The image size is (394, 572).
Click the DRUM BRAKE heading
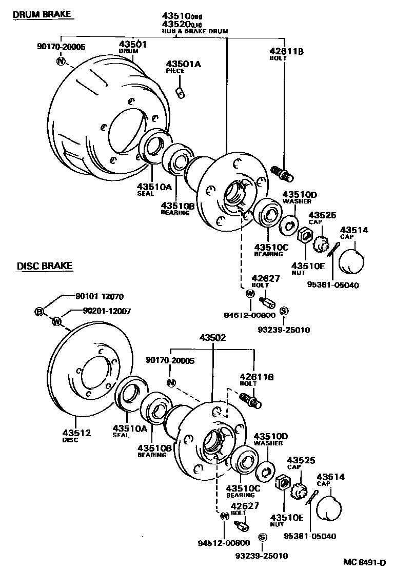pos(42,14)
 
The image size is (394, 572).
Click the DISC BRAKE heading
pos(45,266)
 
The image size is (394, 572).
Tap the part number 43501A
pos(183,64)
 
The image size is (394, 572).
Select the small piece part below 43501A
pos(180,92)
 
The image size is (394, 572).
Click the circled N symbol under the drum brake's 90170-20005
pos(62,62)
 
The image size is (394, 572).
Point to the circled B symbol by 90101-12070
pos(39,311)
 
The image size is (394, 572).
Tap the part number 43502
pos(212,338)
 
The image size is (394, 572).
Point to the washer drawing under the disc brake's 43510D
pos(265,470)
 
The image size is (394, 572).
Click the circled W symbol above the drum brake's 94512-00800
pos(250,294)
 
